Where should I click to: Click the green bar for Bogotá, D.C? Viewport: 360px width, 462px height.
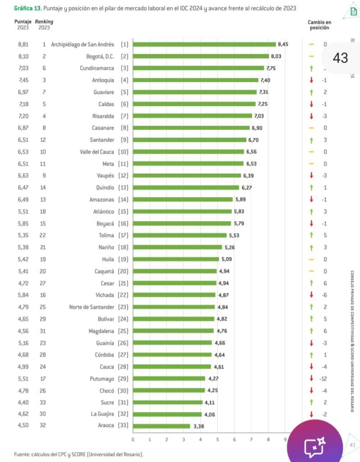(x=201, y=56)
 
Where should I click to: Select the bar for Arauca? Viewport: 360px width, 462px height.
(x=162, y=426)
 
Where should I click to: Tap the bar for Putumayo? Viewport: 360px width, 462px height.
(x=169, y=378)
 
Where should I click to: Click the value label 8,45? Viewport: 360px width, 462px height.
(x=283, y=44)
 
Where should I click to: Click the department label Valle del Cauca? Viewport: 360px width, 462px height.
(x=97, y=152)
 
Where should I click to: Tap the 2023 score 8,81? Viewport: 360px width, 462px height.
(x=23, y=44)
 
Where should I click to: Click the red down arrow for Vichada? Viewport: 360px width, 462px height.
(x=311, y=295)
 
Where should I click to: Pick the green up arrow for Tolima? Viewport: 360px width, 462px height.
(x=311, y=235)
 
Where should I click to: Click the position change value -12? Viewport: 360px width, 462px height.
(x=323, y=378)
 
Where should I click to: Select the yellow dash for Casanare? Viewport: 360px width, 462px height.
(x=311, y=128)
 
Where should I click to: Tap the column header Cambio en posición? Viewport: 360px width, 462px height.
(x=319, y=24)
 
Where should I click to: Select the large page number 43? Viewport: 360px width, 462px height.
(x=340, y=58)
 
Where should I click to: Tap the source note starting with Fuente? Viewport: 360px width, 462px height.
(x=79, y=454)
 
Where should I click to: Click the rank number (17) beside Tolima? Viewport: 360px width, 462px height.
(x=123, y=235)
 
